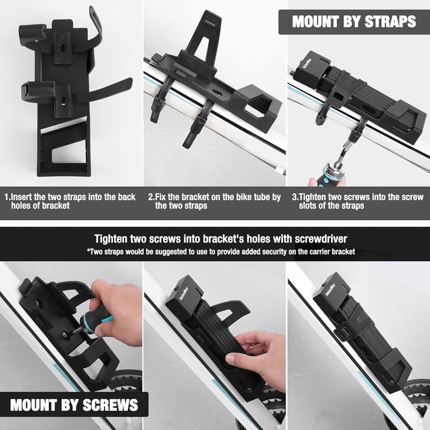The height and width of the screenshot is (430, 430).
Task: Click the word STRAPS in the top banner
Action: (x=390, y=21)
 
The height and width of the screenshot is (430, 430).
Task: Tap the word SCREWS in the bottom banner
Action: (x=110, y=405)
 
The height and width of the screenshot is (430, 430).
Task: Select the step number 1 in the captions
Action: (x=7, y=197)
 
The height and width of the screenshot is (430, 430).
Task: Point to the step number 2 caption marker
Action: (x=151, y=197)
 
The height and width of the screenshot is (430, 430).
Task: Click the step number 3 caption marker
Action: (x=294, y=197)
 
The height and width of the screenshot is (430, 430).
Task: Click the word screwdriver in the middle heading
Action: (x=321, y=239)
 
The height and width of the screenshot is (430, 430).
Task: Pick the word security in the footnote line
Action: (x=274, y=251)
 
